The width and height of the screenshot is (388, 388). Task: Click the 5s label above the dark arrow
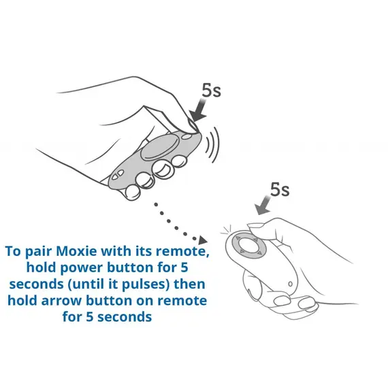point(211,91)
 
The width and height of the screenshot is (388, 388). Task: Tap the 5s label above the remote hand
point(280,190)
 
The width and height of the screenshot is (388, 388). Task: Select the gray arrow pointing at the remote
point(263,205)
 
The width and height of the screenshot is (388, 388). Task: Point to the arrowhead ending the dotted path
point(203,240)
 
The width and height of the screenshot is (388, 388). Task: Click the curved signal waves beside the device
point(212,145)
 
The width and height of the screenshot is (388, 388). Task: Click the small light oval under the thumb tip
point(187,136)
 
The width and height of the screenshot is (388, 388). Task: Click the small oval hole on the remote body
point(290,284)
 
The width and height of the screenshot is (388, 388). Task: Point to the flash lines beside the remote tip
point(226,229)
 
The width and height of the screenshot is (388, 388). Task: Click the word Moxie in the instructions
point(76,251)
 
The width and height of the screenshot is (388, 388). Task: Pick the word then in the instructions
point(189,284)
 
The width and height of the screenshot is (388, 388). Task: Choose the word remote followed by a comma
point(182,251)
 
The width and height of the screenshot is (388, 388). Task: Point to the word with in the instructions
point(116,251)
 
